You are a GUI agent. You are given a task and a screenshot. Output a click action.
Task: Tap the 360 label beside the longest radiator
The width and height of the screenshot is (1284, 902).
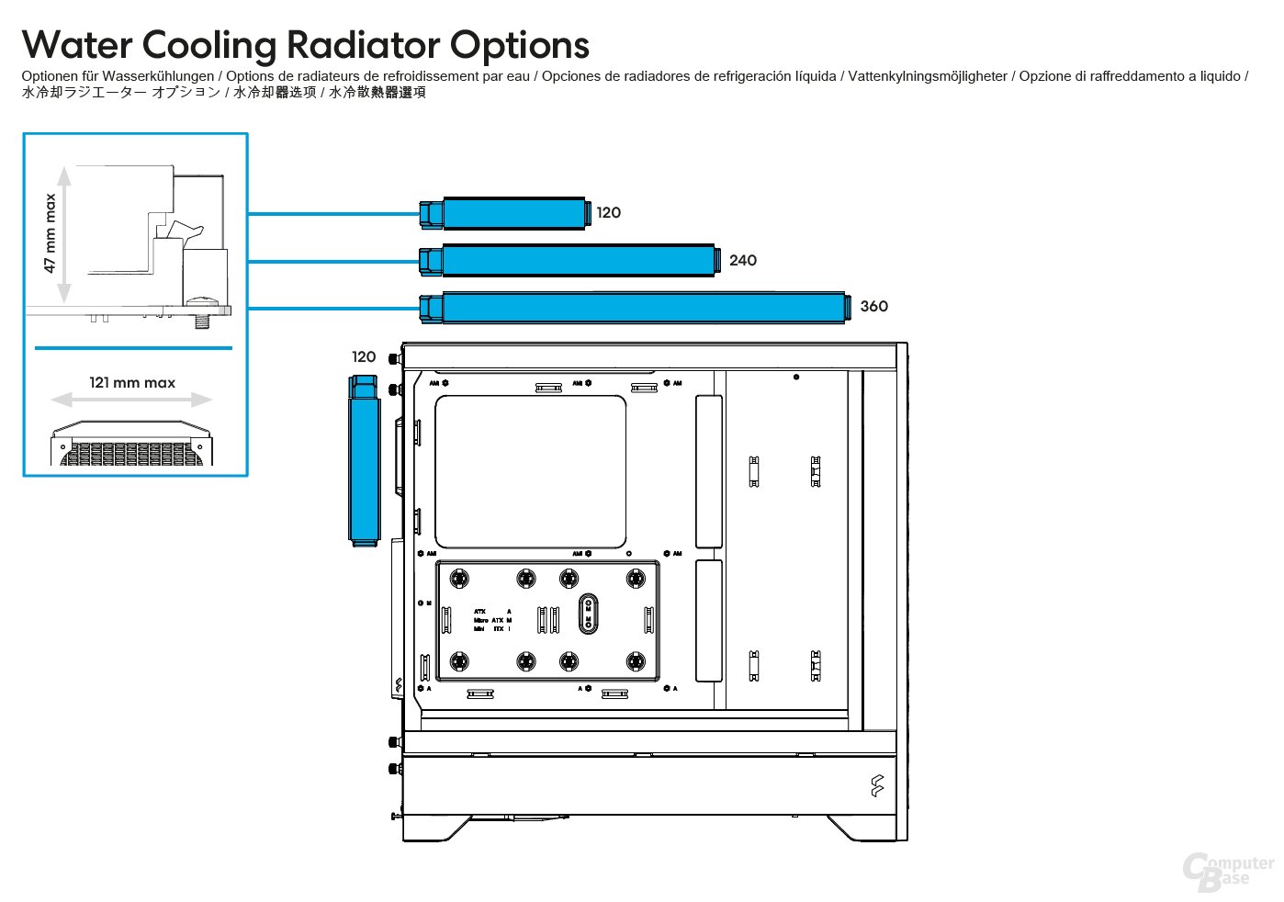(873, 307)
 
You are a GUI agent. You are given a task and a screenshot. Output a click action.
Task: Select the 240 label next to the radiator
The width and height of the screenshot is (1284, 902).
(742, 261)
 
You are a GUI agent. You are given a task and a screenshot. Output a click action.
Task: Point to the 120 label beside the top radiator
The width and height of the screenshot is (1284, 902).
(608, 213)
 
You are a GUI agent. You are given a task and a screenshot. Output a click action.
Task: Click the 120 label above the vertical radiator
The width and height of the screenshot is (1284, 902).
(364, 357)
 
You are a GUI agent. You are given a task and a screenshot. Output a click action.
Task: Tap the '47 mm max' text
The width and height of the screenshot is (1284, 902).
(51, 233)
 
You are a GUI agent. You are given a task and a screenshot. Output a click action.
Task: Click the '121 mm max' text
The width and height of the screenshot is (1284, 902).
(132, 383)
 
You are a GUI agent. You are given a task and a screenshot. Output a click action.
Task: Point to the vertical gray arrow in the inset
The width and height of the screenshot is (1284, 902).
(64, 235)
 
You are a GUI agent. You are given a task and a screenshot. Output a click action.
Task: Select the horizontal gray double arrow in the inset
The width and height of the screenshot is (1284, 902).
(131, 400)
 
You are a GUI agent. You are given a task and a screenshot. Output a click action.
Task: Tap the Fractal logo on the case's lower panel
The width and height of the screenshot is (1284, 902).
(876, 785)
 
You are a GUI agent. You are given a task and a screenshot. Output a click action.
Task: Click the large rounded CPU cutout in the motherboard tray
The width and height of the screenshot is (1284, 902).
(530, 471)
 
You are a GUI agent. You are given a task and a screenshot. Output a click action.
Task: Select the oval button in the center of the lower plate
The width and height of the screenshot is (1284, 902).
(588, 614)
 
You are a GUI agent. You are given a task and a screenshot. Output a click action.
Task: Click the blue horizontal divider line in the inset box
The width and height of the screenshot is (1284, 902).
(133, 348)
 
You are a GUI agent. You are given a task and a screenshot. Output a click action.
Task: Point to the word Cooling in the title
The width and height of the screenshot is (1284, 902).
(208, 45)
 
